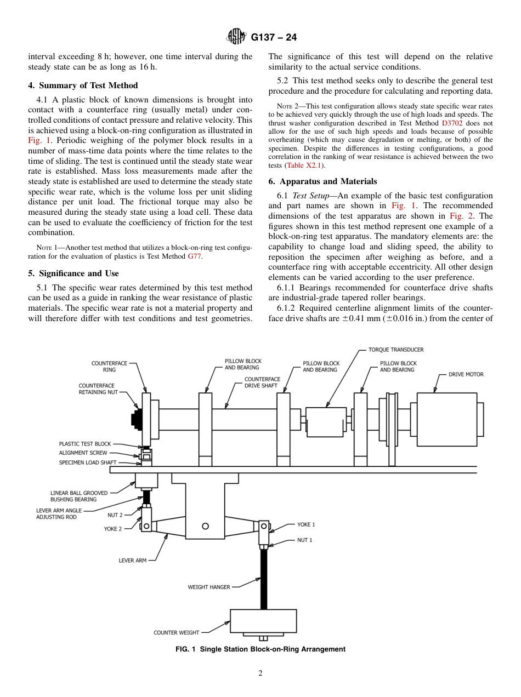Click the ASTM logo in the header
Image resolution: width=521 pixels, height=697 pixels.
(x=237, y=37)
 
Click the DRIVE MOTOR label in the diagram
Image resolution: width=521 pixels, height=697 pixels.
(x=466, y=374)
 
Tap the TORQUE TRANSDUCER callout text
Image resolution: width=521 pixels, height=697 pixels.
(x=396, y=350)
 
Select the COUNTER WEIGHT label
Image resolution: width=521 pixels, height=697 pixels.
(x=177, y=632)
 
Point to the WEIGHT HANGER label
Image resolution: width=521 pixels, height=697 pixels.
(x=209, y=587)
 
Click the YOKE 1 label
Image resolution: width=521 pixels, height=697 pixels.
(x=306, y=524)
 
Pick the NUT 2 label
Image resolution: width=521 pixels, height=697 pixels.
(x=115, y=515)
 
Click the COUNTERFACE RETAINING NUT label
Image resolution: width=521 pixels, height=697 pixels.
(x=98, y=389)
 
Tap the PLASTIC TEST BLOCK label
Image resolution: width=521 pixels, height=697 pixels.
(x=85, y=444)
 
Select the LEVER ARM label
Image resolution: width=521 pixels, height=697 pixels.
(x=133, y=561)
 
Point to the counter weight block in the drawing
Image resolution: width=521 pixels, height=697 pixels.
(x=264, y=621)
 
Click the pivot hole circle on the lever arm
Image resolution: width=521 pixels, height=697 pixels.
(x=205, y=526)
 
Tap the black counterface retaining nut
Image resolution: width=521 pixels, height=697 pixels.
(x=136, y=419)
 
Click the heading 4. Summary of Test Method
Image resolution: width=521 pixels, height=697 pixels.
(x=83, y=85)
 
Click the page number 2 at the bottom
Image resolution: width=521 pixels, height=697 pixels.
(x=260, y=673)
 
